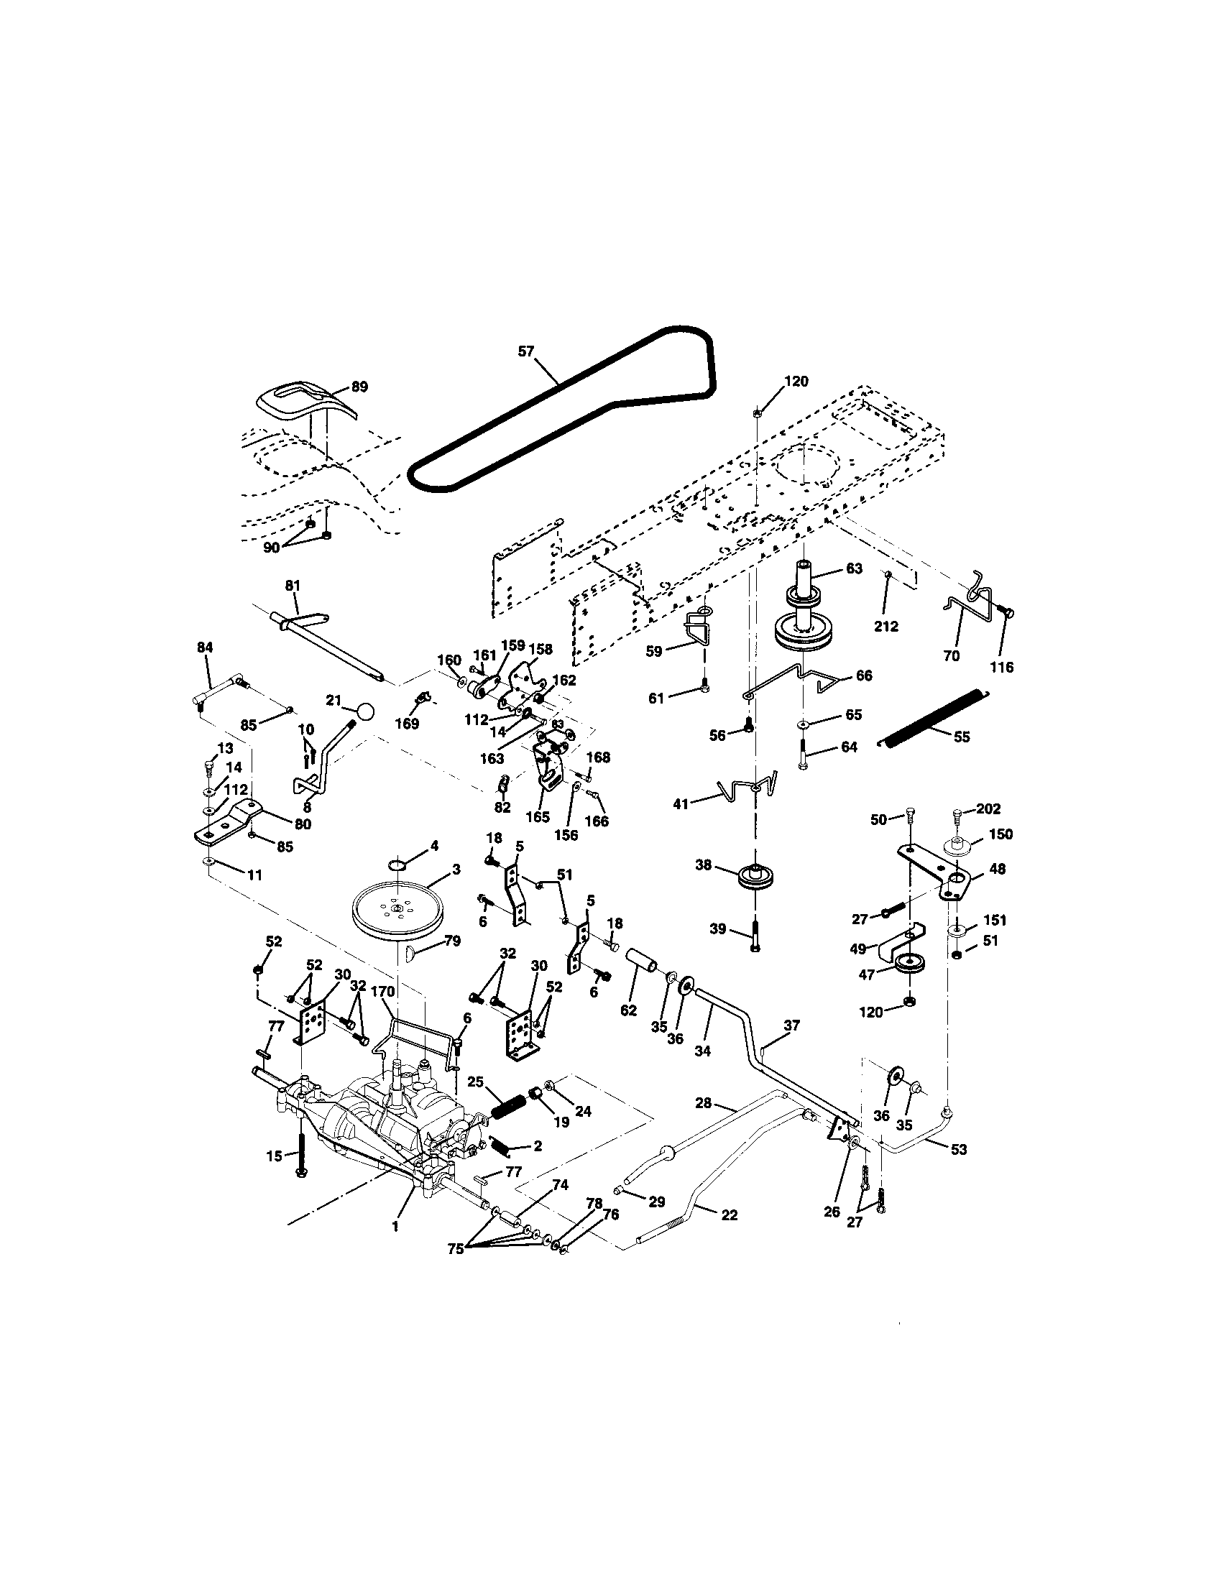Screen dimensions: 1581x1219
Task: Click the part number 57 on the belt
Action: [x=526, y=351]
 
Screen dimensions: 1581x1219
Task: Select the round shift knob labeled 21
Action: [x=367, y=711]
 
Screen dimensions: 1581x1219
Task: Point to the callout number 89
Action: [x=359, y=387]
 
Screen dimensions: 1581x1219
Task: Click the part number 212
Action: [x=886, y=626]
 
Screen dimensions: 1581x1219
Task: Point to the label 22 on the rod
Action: [x=730, y=1214]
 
